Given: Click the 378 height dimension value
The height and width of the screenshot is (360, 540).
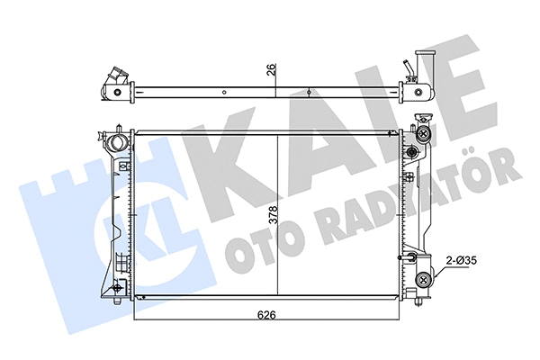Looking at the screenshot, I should point(271,217).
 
